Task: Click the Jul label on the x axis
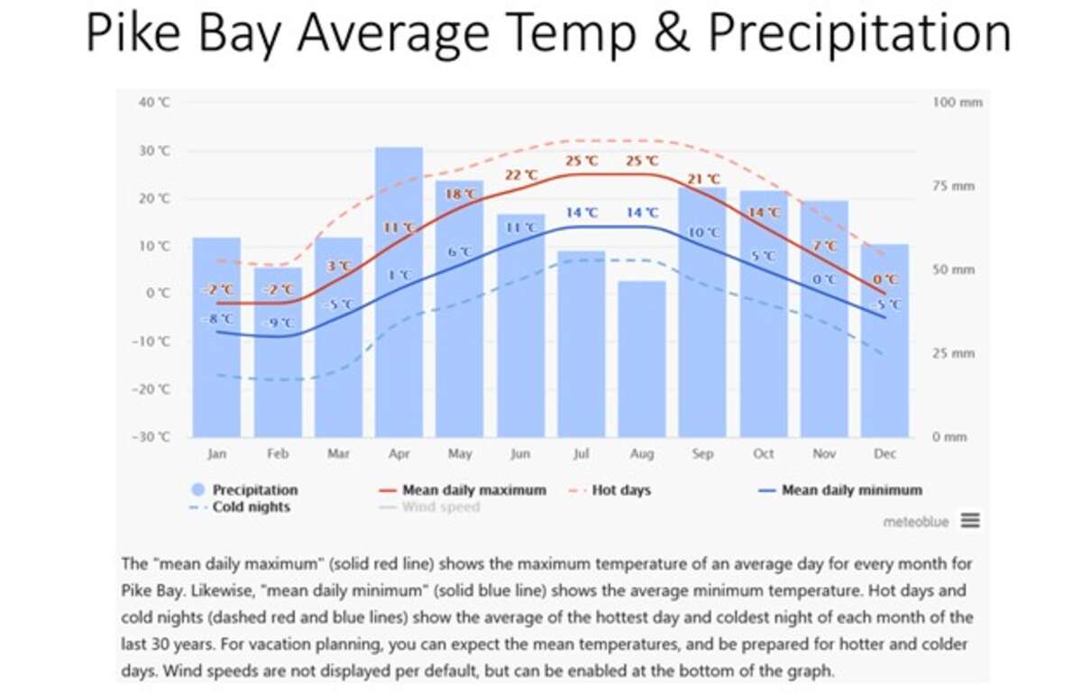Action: coord(582,454)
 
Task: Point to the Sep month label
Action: coord(702,454)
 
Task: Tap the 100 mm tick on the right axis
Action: coord(957,103)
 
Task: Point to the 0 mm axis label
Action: coord(950,437)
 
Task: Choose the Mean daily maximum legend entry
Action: coord(473,490)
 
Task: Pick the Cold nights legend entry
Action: coord(251,507)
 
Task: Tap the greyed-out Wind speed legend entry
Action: coord(441,507)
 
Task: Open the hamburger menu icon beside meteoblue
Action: coord(970,520)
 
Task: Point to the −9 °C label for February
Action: coord(277,323)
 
